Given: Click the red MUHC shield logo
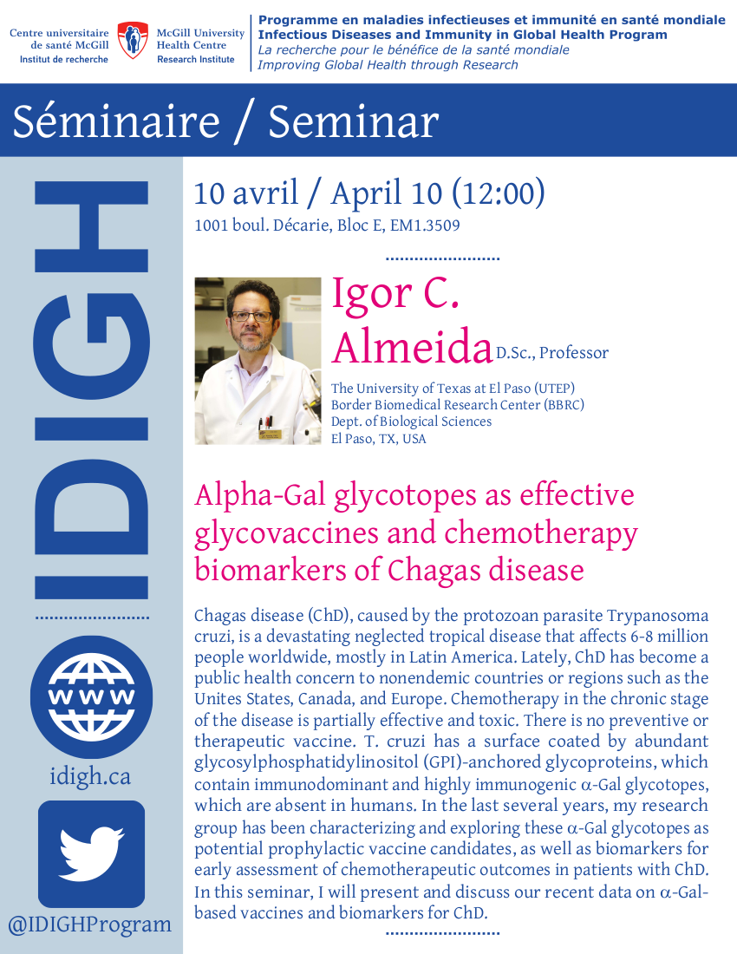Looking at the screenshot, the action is coord(133,40).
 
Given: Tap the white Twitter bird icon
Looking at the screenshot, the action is coord(91,853).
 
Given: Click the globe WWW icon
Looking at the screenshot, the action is coord(91,696).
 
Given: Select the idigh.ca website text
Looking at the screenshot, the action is coord(90,776).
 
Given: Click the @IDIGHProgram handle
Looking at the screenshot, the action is coord(90,925).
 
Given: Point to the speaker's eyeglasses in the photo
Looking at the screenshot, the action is coord(251,316).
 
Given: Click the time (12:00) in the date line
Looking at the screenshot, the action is coord(499,193).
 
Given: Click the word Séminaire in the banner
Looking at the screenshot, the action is coord(116,121).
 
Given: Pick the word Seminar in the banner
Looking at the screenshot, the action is coord(353,121).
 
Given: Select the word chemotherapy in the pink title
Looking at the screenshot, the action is coord(540,533).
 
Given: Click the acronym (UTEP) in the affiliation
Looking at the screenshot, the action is coord(554,389).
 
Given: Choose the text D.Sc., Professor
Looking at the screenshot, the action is coord(552,353).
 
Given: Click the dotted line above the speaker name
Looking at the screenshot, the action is coord(443,258).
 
